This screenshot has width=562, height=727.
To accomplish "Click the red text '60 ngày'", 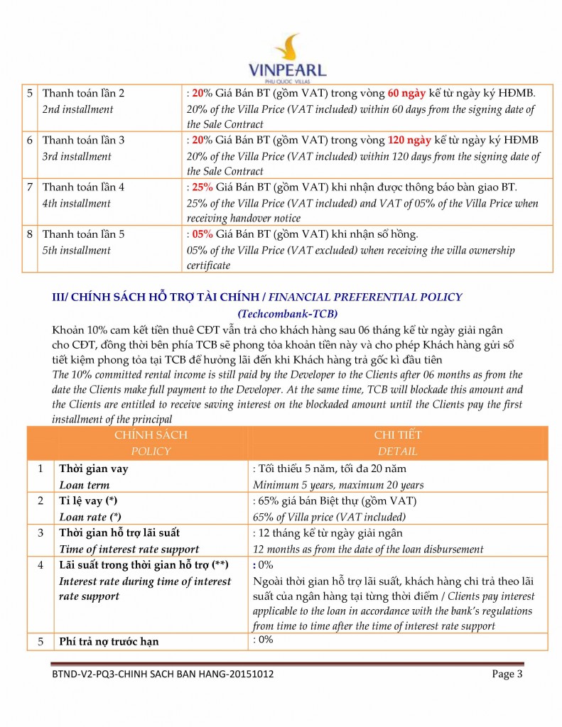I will click(406, 94).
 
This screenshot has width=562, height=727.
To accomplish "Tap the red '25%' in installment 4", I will click(202, 187).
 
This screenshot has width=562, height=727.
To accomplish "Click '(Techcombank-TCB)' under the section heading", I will click(287, 313).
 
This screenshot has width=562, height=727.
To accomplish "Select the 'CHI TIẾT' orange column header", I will click(398, 434).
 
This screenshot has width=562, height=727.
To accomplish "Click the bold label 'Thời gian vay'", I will click(93, 469).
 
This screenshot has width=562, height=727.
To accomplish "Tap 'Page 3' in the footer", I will click(507, 674).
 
